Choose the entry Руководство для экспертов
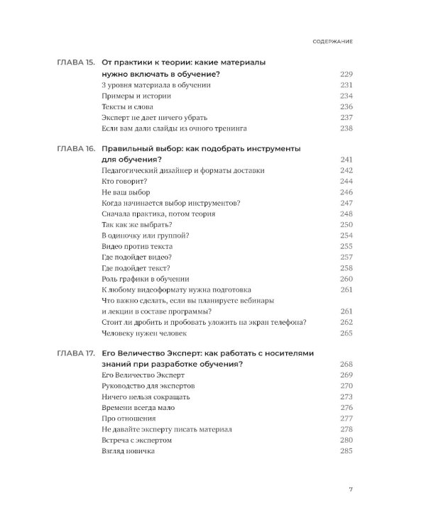[x=148, y=386]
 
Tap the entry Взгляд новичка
[x=129, y=451]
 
